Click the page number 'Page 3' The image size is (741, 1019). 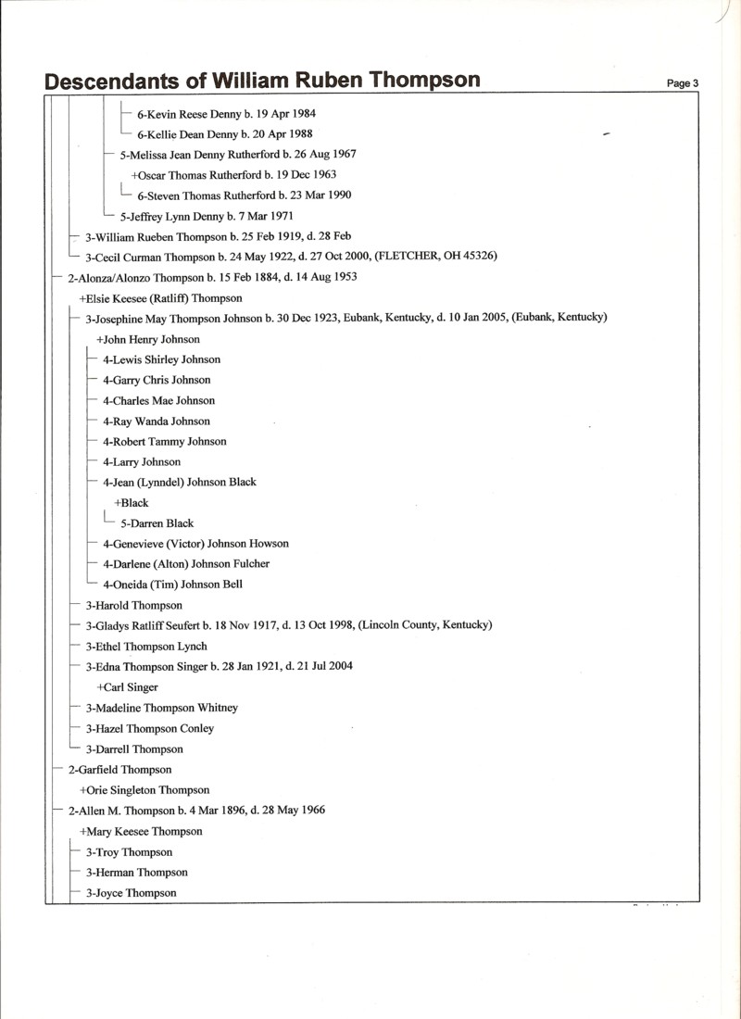tap(682, 83)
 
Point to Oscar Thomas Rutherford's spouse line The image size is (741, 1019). tap(233, 174)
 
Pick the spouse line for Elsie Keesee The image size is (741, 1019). tap(161, 298)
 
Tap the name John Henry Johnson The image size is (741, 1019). tap(148, 339)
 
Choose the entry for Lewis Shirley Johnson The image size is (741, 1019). tap(162, 359)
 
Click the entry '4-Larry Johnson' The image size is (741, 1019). tap(142, 461)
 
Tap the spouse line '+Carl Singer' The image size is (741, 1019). tap(127, 687)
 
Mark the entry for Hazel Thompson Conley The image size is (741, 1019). tap(150, 728)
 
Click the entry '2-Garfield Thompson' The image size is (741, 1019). tap(119, 769)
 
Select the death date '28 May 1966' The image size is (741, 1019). tap(292, 810)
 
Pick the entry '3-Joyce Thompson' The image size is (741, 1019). tap(131, 893)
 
